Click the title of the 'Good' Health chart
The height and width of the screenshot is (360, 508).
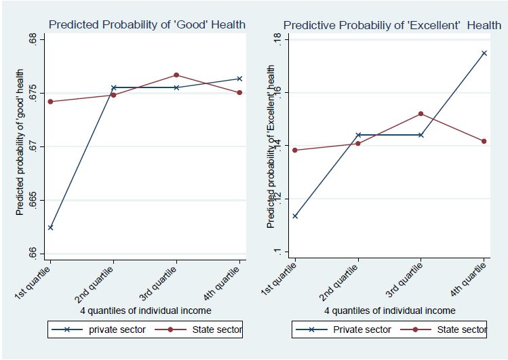tap(146, 25)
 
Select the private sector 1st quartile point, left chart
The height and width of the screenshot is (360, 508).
tap(50, 227)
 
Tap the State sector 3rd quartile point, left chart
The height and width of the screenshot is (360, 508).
tap(176, 75)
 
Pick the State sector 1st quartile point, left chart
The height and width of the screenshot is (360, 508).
tap(50, 102)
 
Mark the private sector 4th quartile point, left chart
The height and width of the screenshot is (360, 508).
tap(239, 79)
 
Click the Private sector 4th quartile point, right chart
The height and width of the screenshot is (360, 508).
tap(484, 53)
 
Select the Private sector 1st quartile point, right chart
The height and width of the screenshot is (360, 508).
tap(295, 216)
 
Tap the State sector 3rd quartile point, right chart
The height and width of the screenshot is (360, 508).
tap(421, 114)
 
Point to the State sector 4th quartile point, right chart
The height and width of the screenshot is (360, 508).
tap(484, 141)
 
